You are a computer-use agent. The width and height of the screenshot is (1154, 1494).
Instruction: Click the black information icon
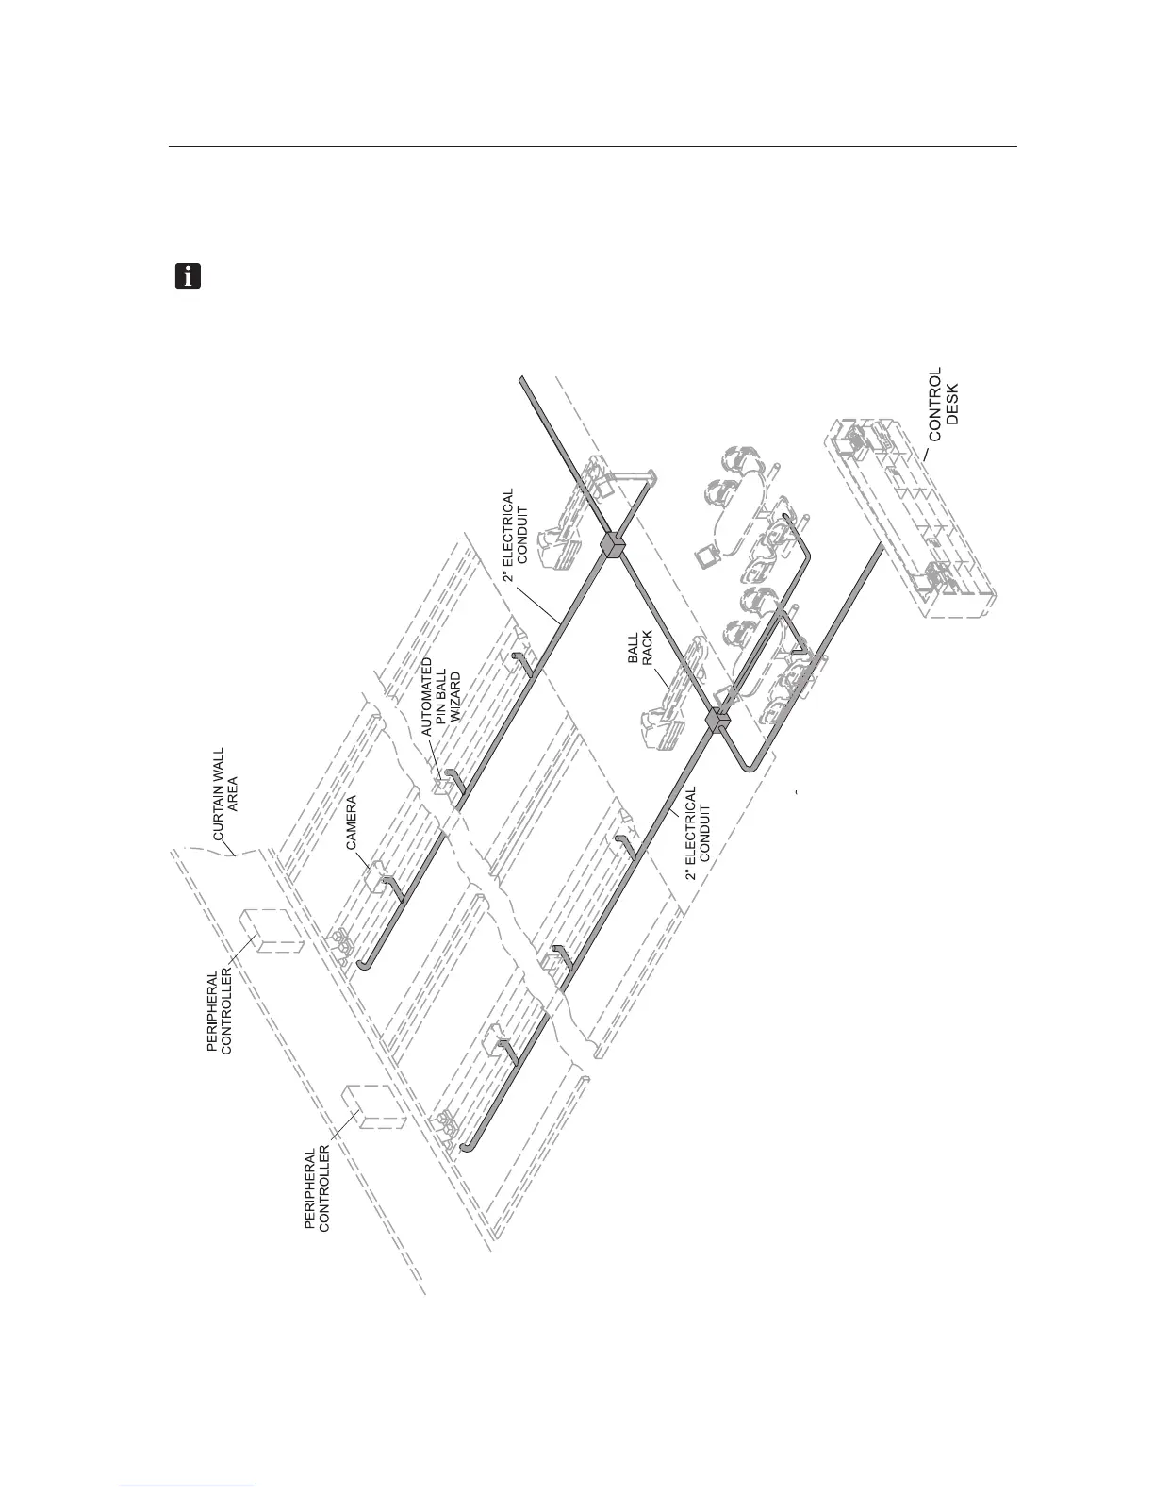coord(189,276)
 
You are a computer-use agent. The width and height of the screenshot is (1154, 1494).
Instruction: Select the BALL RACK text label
coord(640,648)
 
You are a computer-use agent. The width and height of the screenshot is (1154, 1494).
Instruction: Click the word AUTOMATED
coord(427,698)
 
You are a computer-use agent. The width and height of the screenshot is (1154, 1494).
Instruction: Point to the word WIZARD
coord(456,696)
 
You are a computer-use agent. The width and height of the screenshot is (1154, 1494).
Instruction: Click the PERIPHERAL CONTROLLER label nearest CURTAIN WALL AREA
coord(225,1011)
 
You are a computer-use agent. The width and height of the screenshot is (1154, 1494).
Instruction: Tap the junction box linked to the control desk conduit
coord(718,722)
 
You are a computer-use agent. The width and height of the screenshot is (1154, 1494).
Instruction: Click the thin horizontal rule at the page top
coord(592,147)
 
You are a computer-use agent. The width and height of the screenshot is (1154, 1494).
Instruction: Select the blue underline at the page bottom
coord(188,1487)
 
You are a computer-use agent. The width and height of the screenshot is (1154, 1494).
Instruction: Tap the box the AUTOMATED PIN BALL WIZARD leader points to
coord(440,785)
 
